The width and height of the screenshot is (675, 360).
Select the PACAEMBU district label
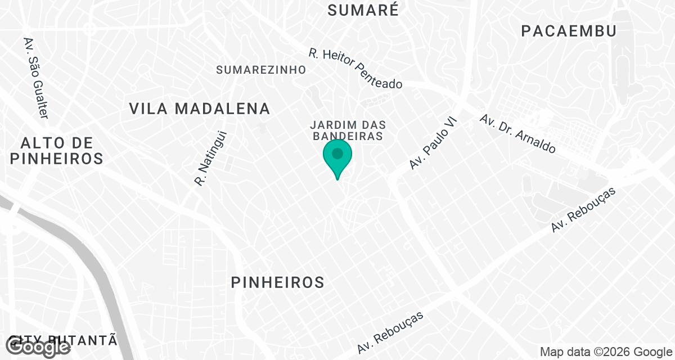569,31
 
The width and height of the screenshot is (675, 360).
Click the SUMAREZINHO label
262,70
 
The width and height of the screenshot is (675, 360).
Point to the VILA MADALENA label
200,109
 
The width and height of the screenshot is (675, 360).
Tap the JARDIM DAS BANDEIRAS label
347,130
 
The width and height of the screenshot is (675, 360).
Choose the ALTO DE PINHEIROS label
56,150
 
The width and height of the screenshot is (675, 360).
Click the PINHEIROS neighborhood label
278,282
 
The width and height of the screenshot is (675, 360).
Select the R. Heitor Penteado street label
355,68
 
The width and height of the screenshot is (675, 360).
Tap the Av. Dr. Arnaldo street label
517,134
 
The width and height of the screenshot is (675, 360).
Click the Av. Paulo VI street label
434,143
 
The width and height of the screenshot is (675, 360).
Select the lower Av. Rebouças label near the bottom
390,332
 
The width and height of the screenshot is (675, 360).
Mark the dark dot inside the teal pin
337,153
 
